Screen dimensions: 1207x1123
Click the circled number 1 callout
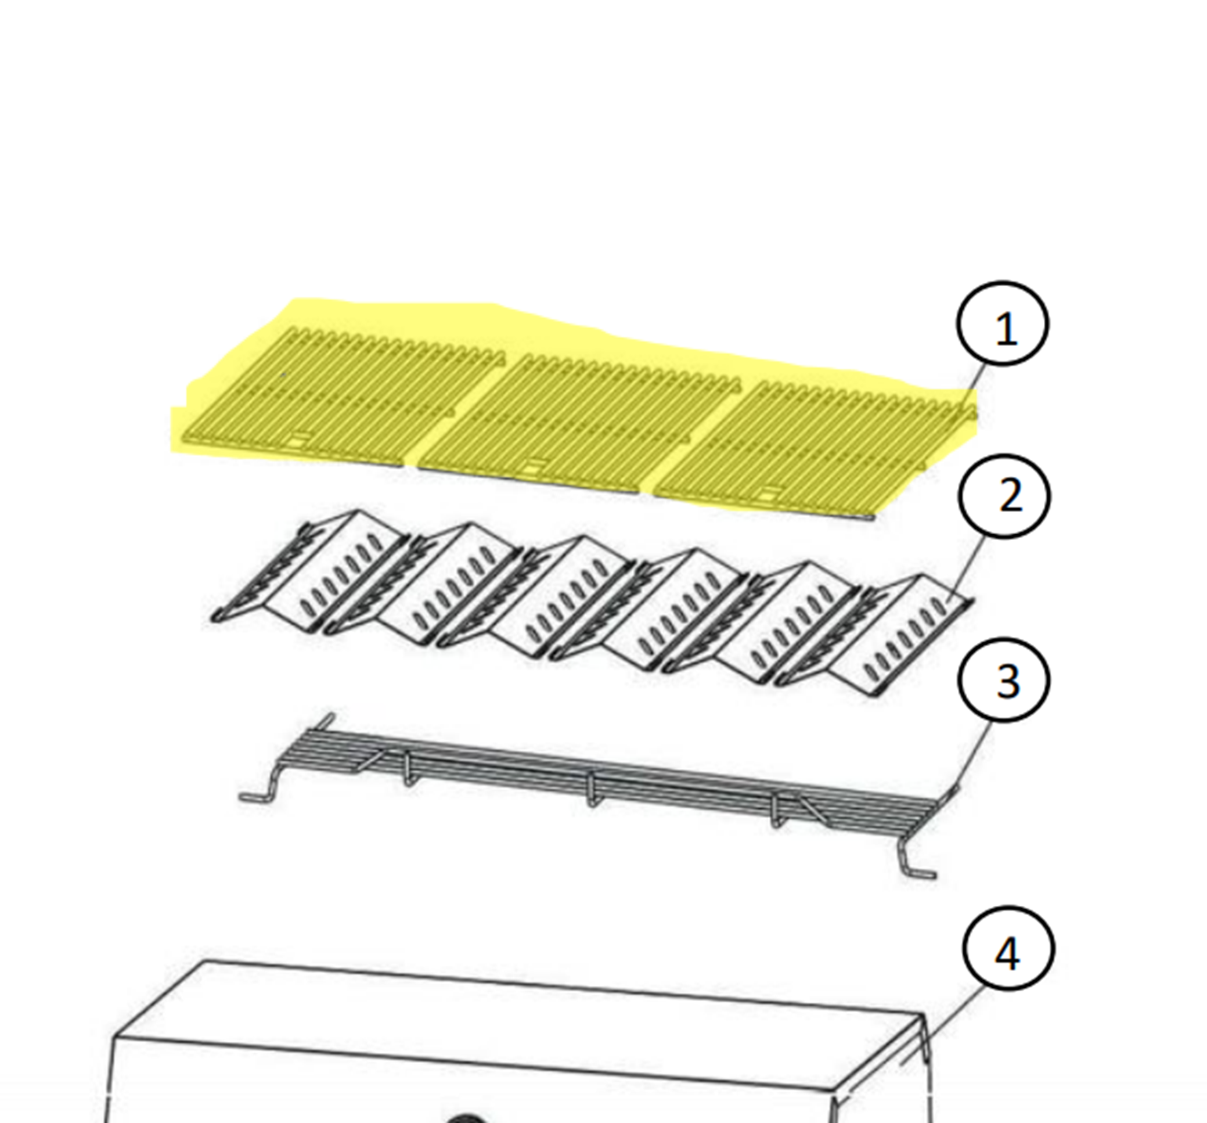[1003, 324]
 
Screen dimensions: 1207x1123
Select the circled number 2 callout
[1004, 496]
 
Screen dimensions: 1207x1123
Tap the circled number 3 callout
[1004, 680]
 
